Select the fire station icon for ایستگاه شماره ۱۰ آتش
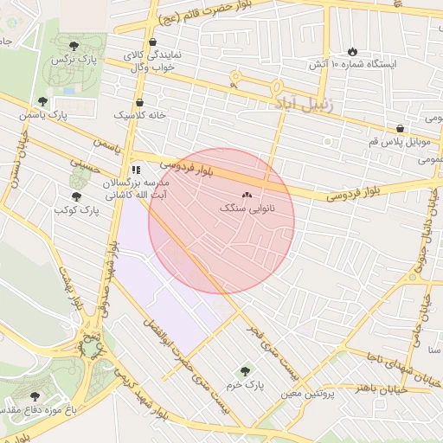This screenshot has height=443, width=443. point(352,51)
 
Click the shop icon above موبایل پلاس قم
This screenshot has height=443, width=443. point(400,128)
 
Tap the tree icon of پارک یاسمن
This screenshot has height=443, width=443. point(43,101)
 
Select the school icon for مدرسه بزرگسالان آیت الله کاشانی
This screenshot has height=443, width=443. point(136,170)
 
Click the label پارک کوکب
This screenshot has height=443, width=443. point(74,209)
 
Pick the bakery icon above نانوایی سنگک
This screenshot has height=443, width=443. point(247,196)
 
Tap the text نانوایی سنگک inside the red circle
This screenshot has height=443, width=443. point(247,209)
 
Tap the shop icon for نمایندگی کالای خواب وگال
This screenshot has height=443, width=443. point(153,42)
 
